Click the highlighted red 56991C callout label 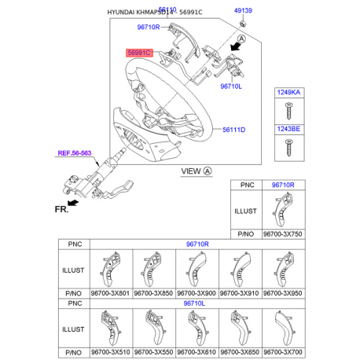point(141,53)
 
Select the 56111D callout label point(233,130)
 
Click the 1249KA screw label point(287,93)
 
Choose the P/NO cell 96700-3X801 point(111,292)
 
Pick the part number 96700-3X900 point(196,292)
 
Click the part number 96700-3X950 point(281,292)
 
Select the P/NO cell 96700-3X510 point(111,352)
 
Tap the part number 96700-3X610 point(196,352)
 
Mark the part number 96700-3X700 point(281,352)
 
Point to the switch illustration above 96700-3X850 point(153,268)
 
